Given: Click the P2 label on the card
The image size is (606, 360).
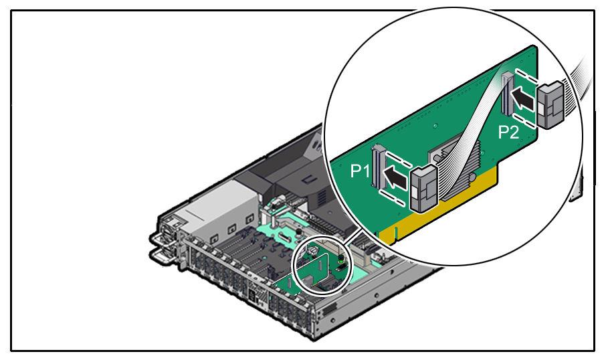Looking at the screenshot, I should (509, 132).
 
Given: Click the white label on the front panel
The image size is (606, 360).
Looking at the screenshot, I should (254, 294).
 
